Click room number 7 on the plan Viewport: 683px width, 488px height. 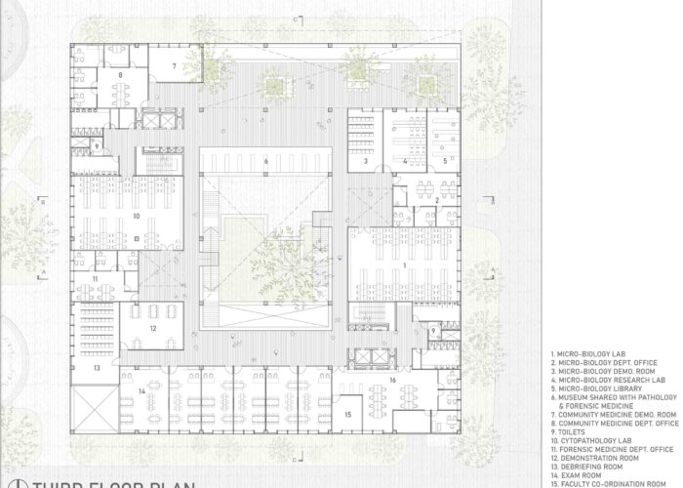click(176, 65)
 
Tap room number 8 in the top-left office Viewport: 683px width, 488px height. click(121, 74)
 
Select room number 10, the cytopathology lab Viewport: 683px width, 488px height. click(137, 216)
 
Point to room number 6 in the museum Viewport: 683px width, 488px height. click(264, 160)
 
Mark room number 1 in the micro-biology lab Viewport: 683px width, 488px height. click(406, 264)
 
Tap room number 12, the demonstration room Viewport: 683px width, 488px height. click(152, 329)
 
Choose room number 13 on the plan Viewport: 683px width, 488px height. click(97, 369)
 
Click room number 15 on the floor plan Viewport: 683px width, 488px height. click(347, 414)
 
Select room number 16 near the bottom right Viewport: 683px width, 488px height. click(392, 381)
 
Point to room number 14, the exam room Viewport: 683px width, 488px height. click(141, 391)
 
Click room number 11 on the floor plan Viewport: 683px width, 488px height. click(96, 279)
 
